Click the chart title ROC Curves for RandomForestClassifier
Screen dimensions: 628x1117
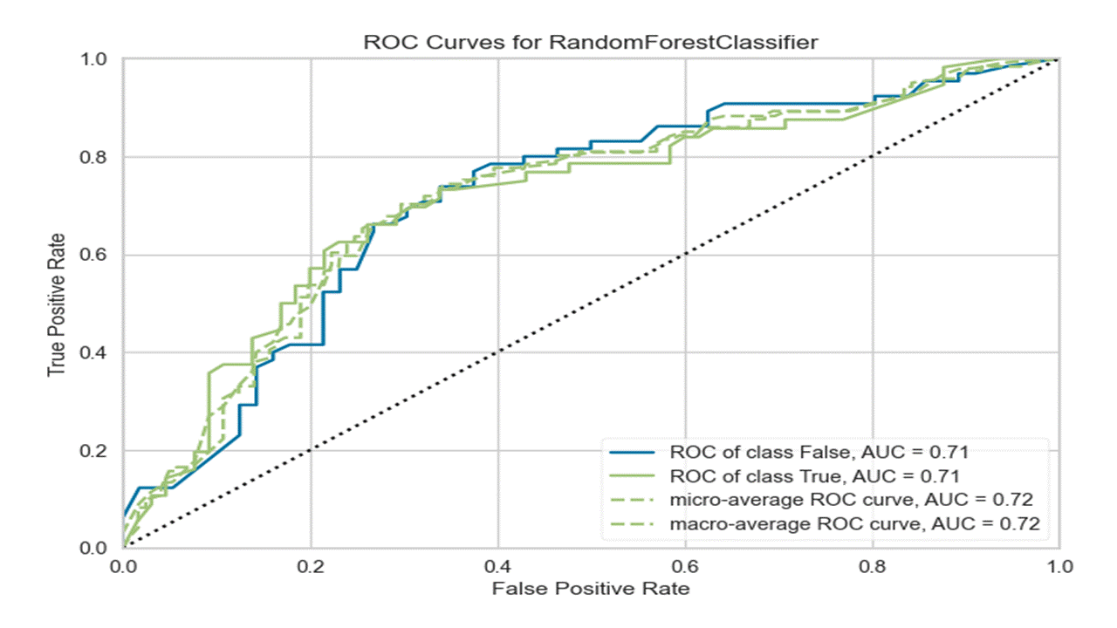591,42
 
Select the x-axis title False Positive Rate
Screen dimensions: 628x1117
591,589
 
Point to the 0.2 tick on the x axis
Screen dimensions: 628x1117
311,565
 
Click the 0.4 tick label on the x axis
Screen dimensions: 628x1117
497,565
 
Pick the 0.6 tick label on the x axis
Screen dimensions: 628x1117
685,565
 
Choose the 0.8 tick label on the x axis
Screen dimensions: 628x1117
872,565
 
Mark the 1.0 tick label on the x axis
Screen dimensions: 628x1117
1059,565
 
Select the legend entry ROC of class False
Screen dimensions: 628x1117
819,453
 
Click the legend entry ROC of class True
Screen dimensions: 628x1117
815,476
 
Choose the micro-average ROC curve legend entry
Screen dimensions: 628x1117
852,500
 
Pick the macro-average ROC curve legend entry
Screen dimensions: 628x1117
855,523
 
